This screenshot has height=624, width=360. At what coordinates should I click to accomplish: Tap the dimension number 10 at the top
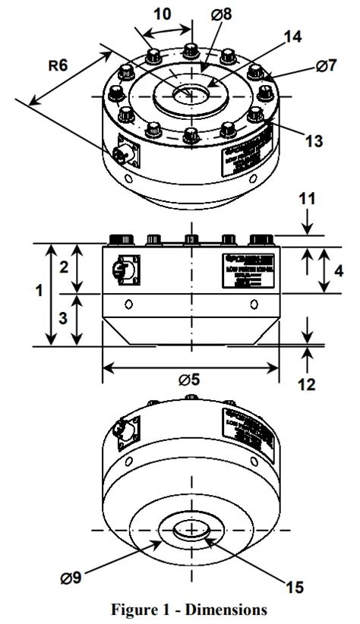pos(162,14)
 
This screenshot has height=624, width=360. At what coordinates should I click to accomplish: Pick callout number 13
pos(292,140)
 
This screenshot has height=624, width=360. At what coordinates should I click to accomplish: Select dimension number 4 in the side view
pos(339,269)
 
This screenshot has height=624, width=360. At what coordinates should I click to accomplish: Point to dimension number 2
pos(64,267)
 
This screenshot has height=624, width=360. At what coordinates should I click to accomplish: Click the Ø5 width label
pos(190,380)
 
